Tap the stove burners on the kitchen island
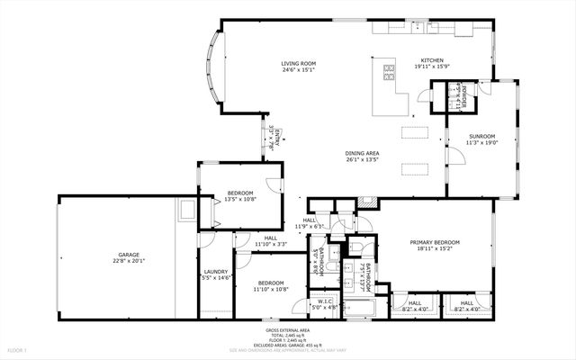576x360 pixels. pos(390,70)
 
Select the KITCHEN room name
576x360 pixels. pos(428,61)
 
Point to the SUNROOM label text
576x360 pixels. pos(481,137)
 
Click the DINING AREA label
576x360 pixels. pos(361,153)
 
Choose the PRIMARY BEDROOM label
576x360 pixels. pos(436,242)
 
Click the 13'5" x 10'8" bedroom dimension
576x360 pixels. pos(240,199)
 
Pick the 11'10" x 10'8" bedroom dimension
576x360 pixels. pos(270,289)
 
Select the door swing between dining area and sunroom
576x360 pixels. pos(458,156)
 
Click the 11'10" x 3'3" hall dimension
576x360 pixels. pos(270,244)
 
